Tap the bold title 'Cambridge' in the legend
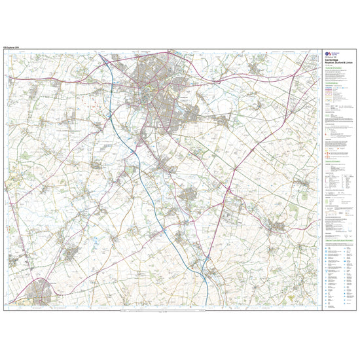pyautogui.click(x=332, y=64)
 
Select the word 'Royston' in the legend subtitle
pyautogui.click(x=329, y=67)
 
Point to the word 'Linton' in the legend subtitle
pyautogui.click(x=344, y=67)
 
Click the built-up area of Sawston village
pyautogui.click(x=190, y=193)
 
